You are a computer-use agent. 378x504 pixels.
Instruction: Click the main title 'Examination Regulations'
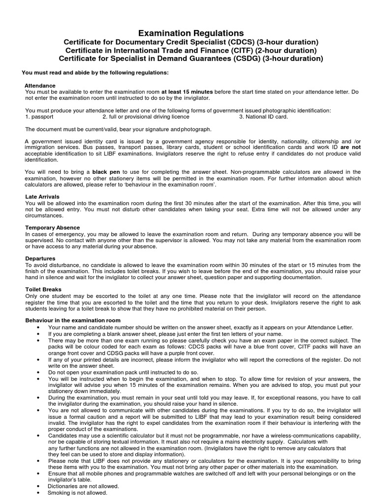[190, 33]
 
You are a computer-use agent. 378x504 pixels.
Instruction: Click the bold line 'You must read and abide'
[95, 73]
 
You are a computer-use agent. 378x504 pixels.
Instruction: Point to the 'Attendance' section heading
[40, 86]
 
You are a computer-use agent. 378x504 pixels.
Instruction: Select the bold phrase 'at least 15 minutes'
[187, 92]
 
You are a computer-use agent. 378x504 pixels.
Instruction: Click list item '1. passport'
[39, 117]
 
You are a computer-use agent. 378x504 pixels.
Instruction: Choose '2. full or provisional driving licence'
[146, 117]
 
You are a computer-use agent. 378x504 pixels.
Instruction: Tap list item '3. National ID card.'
[264, 117]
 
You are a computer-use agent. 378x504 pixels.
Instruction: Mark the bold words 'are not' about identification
[350, 147]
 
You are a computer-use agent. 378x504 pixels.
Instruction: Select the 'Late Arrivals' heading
[42, 196]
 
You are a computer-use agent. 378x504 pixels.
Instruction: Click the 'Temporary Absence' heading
[49, 227]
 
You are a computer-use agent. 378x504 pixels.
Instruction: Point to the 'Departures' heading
[40, 258]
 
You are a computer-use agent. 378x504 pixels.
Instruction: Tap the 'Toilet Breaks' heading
[44, 289]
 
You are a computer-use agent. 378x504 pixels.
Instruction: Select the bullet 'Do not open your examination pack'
[123, 373]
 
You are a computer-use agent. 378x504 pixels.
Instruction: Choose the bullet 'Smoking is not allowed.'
[77, 492]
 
